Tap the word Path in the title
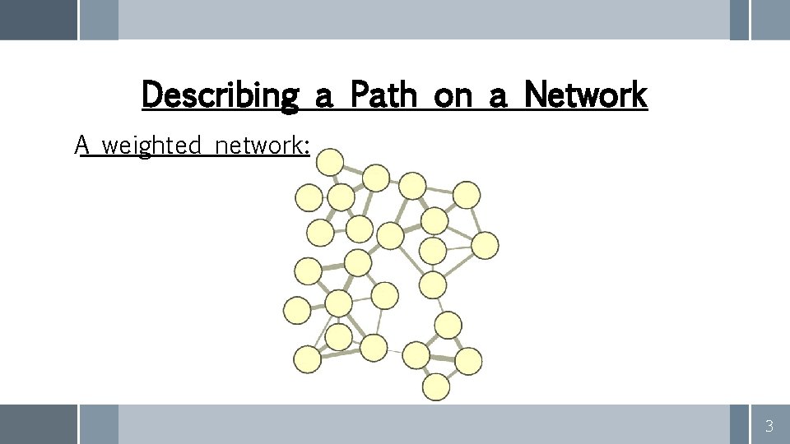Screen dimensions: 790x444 [383, 95]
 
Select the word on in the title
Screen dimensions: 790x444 [453, 95]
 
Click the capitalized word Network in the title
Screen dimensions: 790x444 [585, 95]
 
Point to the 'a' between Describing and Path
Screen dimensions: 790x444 [323, 97]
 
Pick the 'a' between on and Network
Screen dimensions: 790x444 [498, 97]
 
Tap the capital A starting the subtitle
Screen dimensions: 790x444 [81, 146]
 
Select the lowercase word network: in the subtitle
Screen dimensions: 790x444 [262, 146]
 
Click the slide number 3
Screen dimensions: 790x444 [769, 426]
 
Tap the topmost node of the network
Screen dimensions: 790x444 [331, 162]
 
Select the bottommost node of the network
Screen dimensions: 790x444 [436, 386]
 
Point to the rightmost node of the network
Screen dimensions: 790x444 [486, 245]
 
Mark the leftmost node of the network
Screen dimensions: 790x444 [297, 310]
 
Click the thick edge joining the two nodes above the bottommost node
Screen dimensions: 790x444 [442, 358]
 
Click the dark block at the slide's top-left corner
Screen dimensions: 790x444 [38, 19]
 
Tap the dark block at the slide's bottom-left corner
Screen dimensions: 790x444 [38, 424]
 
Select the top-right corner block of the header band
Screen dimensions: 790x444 [770, 19]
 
